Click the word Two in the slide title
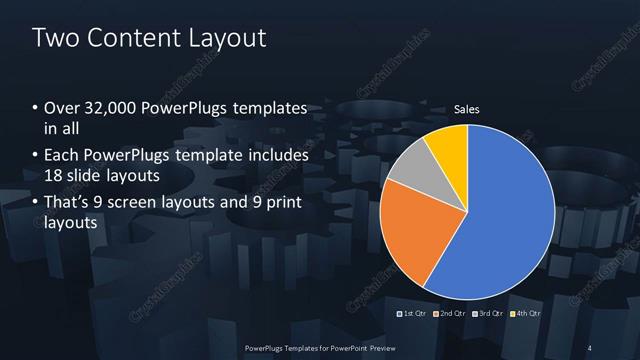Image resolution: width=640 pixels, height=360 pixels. pos(55,39)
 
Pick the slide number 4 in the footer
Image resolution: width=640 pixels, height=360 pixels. pos(591,346)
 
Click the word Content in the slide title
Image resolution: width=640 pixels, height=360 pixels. pos(131,39)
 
